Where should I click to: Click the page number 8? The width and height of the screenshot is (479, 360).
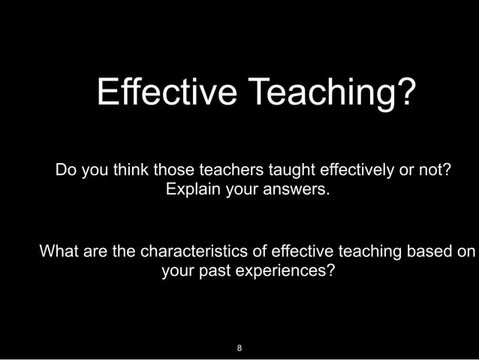click(239, 348)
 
